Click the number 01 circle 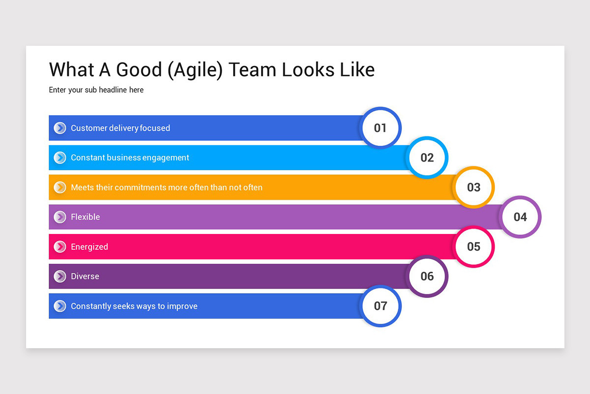click(x=381, y=128)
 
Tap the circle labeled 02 click(x=427, y=158)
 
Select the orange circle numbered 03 click(x=473, y=187)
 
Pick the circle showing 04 click(x=520, y=217)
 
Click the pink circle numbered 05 click(x=473, y=246)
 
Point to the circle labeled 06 click(x=427, y=276)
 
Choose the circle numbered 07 click(x=381, y=306)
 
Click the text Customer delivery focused click(x=120, y=128)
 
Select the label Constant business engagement click(x=130, y=158)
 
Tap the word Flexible click(x=85, y=217)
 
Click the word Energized click(x=89, y=247)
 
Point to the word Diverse click(x=85, y=276)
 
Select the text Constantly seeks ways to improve click(x=134, y=306)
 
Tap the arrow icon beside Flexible click(x=60, y=217)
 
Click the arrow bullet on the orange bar click(x=60, y=187)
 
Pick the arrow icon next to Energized click(x=60, y=247)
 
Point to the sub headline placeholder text click(x=96, y=90)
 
